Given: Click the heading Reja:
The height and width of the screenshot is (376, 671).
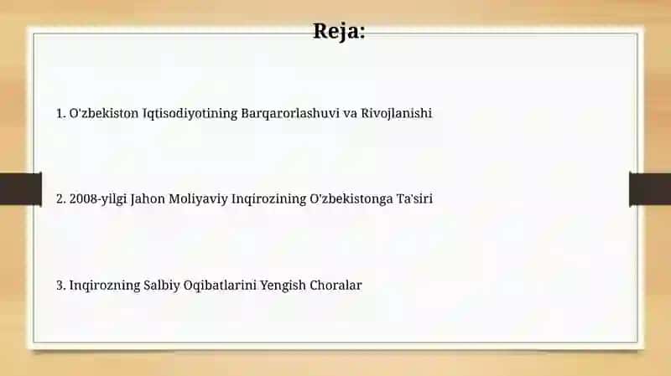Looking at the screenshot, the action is pyautogui.click(x=339, y=32).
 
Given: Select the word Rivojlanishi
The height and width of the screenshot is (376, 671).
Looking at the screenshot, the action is pyautogui.click(x=396, y=114).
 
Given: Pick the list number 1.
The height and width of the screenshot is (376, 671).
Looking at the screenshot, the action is pyautogui.click(x=60, y=114).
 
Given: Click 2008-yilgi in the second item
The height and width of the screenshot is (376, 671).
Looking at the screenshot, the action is pyautogui.click(x=98, y=199).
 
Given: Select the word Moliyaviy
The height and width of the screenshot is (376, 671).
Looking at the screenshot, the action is pyautogui.click(x=198, y=199).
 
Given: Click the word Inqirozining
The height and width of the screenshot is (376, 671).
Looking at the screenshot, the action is pyautogui.click(x=268, y=199).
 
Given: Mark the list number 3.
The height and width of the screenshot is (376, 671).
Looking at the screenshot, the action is pyautogui.click(x=60, y=286).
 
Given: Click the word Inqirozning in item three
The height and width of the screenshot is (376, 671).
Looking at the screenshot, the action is pyautogui.click(x=105, y=286).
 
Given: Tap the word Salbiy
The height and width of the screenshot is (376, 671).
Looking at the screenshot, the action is pyautogui.click(x=162, y=286).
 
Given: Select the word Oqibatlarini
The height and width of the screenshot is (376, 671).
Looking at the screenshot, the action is pyautogui.click(x=220, y=286).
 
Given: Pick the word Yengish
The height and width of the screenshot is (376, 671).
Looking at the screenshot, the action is pyautogui.click(x=283, y=286).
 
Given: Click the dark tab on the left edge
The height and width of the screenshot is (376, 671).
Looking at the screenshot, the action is pyautogui.click(x=21, y=189).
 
